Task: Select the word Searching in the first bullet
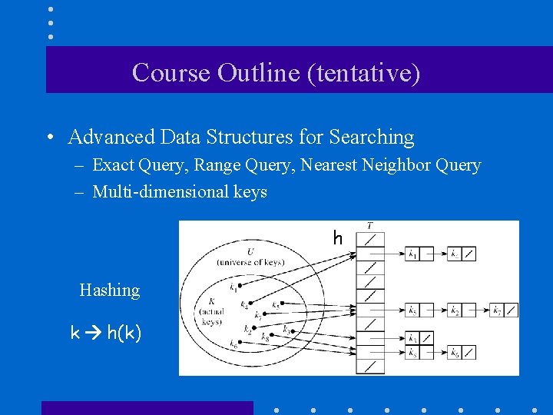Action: (x=372, y=138)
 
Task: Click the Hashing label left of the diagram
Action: (x=110, y=290)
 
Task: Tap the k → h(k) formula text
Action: (x=106, y=334)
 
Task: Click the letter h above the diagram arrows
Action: (x=337, y=239)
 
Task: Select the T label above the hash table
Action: (x=370, y=226)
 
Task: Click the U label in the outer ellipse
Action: (x=250, y=251)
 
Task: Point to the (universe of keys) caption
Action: (x=250, y=262)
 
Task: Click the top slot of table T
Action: (x=370, y=239)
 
